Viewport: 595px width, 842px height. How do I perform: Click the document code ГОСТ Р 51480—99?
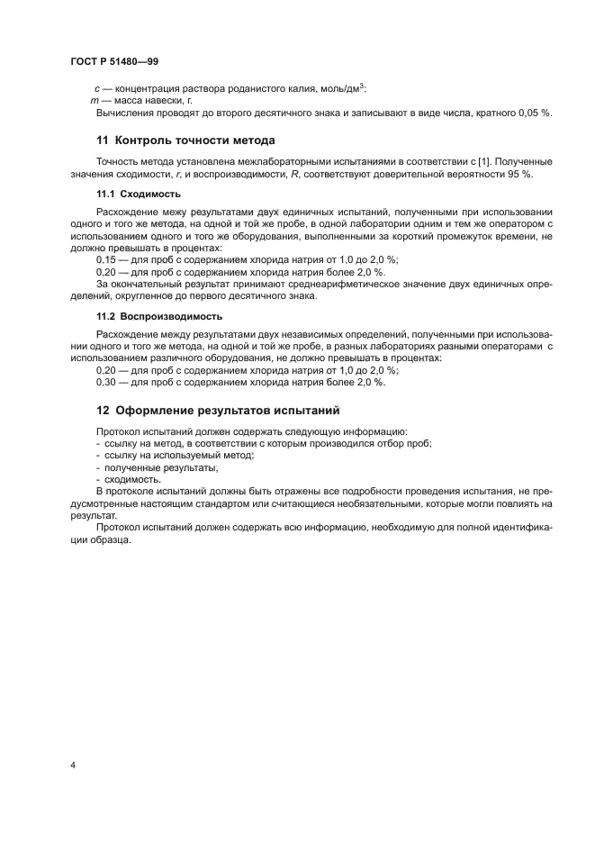(x=114, y=60)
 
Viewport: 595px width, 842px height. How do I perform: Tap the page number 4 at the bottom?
(x=73, y=765)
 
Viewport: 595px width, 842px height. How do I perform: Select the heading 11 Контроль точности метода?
(x=185, y=140)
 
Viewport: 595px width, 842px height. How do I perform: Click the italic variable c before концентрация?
(x=96, y=88)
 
